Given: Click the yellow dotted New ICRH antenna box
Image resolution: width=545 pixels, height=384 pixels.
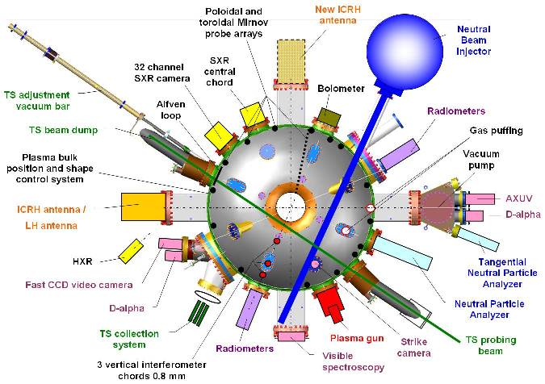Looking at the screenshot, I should (x=291, y=58).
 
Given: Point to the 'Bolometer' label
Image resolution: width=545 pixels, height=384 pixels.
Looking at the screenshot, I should (x=341, y=88).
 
